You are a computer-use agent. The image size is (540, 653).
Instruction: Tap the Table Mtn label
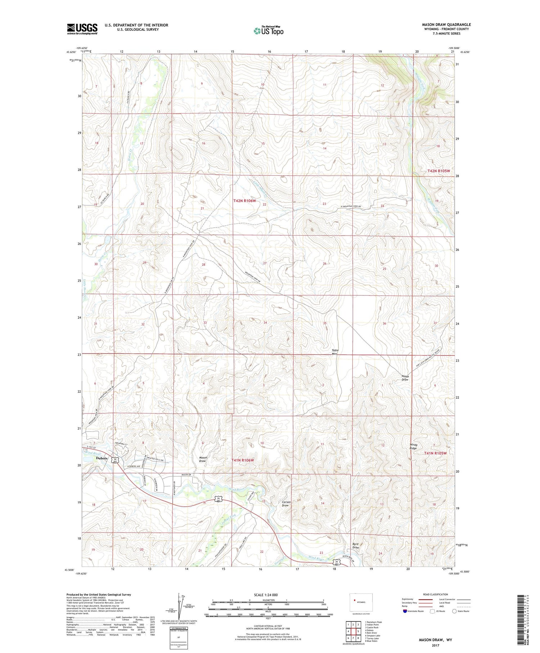click(x=335, y=352)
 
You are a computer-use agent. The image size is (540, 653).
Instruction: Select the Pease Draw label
click(x=405, y=378)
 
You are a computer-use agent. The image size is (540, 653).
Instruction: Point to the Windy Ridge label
click(x=413, y=447)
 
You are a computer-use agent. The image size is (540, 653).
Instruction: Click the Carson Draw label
click(x=286, y=504)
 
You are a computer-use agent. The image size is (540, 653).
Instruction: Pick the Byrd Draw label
click(x=355, y=546)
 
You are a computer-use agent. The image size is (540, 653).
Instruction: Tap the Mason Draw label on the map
click(x=203, y=459)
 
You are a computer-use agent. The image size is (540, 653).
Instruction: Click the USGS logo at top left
click(x=82, y=29)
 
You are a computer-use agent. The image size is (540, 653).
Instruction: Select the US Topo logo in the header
click(x=268, y=31)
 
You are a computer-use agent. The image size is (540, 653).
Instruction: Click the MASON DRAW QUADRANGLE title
click(x=446, y=24)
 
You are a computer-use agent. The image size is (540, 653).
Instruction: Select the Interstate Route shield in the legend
click(x=405, y=611)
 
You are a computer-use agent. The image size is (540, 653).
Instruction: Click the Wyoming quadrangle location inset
click(x=361, y=602)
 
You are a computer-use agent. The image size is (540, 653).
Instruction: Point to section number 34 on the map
click(x=265, y=322)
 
